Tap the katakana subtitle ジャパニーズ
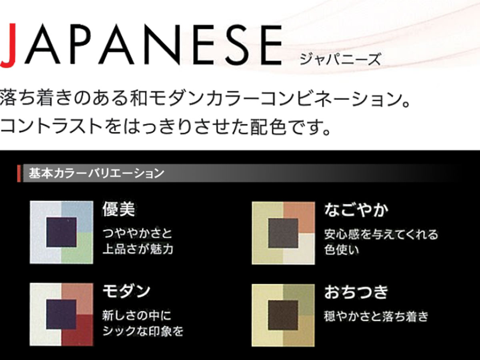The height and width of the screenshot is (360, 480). pyautogui.click(x=340, y=59)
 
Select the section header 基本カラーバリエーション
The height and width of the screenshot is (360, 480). pyautogui.click(x=96, y=173)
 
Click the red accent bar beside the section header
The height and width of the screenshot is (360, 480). pyautogui.click(x=19, y=173)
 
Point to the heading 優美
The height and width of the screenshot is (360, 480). pyautogui.click(x=119, y=209)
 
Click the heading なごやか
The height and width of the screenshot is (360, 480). pyautogui.click(x=356, y=210)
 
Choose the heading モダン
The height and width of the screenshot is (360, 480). pyautogui.click(x=126, y=291)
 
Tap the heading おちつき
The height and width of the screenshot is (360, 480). pyautogui.click(x=356, y=292)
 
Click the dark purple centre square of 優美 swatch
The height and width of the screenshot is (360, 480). pyautogui.click(x=62, y=232)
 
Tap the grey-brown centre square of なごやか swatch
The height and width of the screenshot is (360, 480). pyautogui.click(x=283, y=233)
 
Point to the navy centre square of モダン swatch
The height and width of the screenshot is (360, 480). pyautogui.click(x=61, y=314)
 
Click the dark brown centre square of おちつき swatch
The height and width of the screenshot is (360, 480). pyautogui.click(x=283, y=315)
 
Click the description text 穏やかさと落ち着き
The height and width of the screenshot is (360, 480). pyautogui.click(x=376, y=316)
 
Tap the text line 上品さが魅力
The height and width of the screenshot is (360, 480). pyautogui.click(x=138, y=249)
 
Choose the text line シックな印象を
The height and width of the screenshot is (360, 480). pyautogui.click(x=143, y=331)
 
